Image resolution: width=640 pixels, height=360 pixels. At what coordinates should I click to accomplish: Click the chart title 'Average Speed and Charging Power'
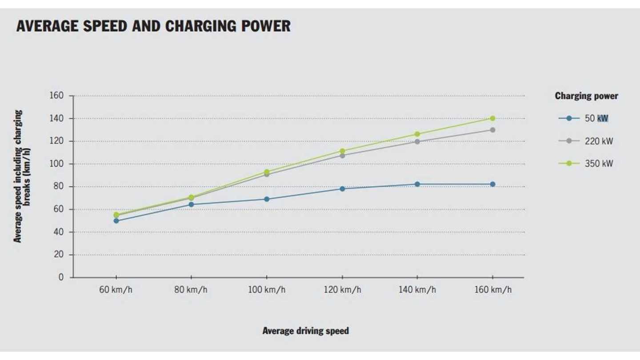pyautogui.click(x=153, y=26)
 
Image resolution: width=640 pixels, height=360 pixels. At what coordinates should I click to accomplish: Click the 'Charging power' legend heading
pyautogui.click(x=586, y=96)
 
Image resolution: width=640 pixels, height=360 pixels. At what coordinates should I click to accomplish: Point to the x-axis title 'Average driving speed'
pyautogui.click(x=305, y=331)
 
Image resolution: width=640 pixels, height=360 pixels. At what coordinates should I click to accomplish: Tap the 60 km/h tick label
pyautogui.click(x=116, y=290)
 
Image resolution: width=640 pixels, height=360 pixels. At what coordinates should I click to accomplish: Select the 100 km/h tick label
pyautogui.click(x=266, y=290)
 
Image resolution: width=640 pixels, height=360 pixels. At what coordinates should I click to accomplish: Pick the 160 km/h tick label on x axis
pyautogui.click(x=492, y=290)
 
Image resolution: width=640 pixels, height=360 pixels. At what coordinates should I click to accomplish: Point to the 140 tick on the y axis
pyautogui.click(x=59, y=118)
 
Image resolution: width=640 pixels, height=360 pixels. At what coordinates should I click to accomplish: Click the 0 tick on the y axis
pyautogui.click(x=61, y=277)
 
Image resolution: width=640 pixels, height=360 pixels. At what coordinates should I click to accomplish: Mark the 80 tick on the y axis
pyautogui.click(x=60, y=187)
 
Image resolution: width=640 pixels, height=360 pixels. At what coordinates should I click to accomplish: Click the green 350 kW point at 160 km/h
pyautogui.click(x=492, y=118)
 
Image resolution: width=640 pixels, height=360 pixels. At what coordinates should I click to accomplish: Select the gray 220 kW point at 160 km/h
pyautogui.click(x=492, y=130)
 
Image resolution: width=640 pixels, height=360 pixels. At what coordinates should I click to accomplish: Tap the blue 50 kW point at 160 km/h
pyautogui.click(x=492, y=184)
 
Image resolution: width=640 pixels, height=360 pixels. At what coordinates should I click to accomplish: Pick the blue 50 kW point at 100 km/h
pyautogui.click(x=267, y=199)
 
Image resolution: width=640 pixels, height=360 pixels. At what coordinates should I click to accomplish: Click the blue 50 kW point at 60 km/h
pyautogui.click(x=116, y=220)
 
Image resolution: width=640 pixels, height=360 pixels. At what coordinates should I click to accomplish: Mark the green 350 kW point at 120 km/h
pyautogui.click(x=342, y=151)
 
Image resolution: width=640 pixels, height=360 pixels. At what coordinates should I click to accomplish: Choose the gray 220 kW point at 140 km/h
pyautogui.click(x=417, y=142)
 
